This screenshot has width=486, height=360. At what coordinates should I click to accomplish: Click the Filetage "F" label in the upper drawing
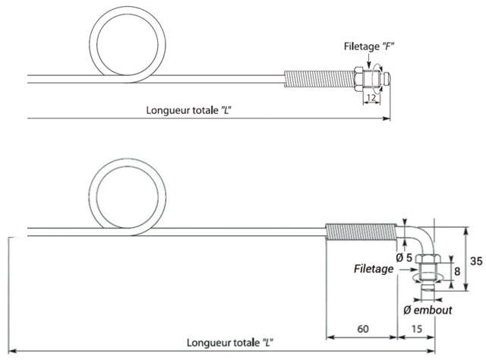(x=368, y=47)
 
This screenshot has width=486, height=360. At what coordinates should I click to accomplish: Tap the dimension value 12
(x=371, y=97)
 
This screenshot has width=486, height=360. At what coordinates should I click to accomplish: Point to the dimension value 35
(x=476, y=261)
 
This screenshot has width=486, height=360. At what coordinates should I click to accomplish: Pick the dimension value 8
(x=455, y=270)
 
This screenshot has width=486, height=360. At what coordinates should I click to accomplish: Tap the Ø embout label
(x=427, y=310)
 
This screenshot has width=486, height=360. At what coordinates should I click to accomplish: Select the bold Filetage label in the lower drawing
(x=373, y=269)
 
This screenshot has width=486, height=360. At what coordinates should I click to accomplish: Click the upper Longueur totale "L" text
(x=199, y=109)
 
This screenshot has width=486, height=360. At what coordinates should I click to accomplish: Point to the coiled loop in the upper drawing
(x=122, y=46)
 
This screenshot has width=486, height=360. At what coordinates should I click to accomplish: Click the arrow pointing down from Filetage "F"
(x=368, y=60)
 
